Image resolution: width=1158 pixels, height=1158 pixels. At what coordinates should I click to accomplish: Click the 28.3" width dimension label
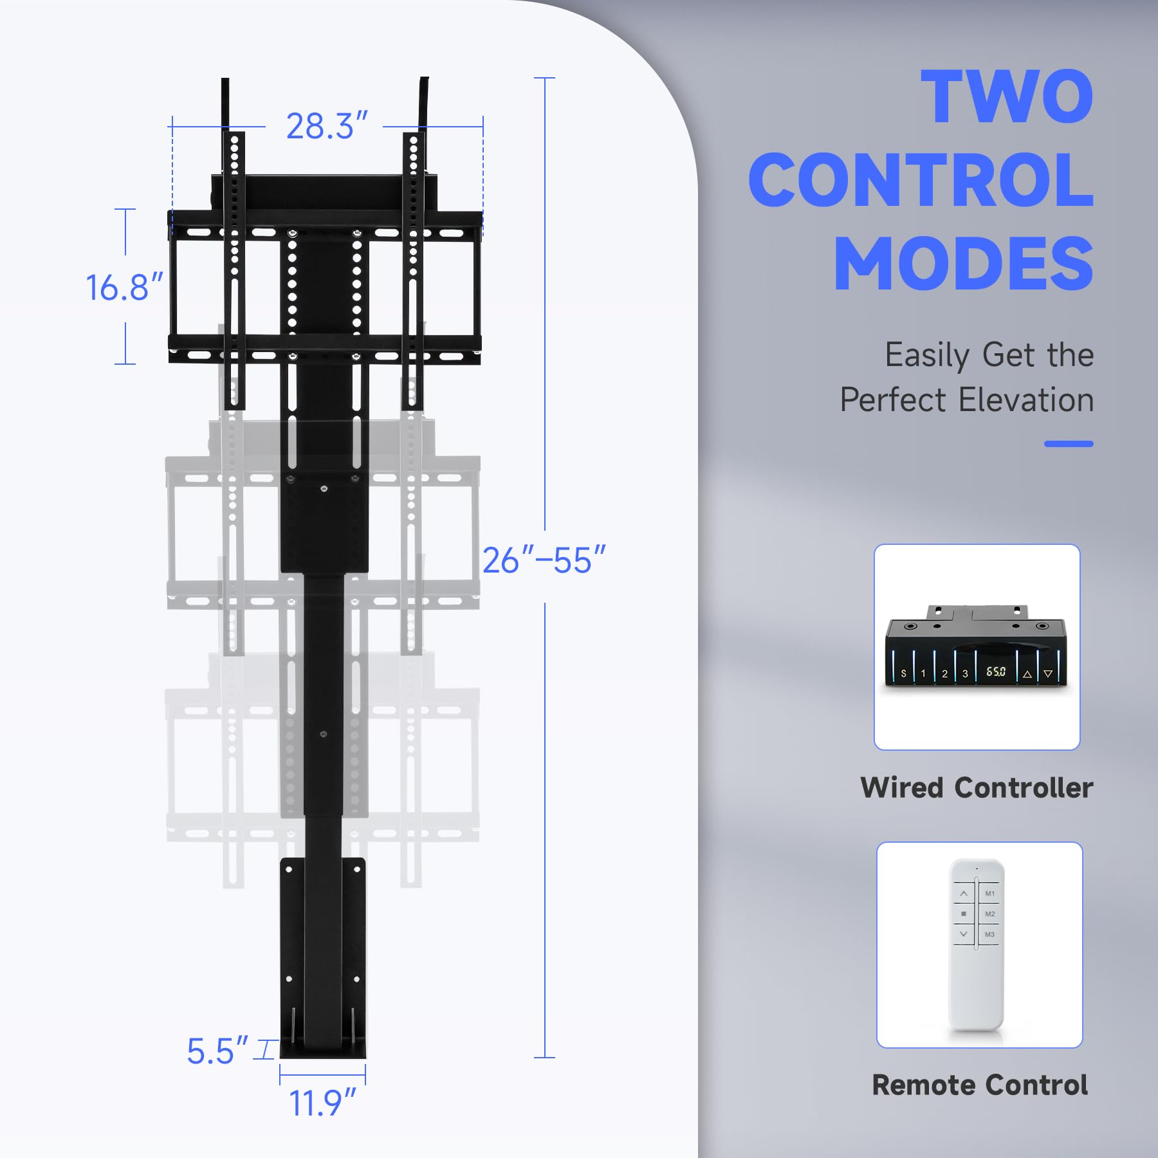[x=327, y=126]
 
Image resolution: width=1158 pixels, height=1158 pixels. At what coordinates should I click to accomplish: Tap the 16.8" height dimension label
[x=124, y=287]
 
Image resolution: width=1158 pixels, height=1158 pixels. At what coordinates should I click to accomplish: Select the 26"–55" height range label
[x=544, y=560]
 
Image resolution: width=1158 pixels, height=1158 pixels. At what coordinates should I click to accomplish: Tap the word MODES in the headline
[x=964, y=264]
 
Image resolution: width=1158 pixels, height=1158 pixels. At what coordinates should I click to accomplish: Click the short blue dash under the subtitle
[x=1069, y=444]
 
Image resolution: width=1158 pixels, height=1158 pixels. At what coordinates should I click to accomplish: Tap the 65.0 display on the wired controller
[x=996, y=672]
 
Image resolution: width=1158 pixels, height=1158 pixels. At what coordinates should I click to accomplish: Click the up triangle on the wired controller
[x=1027, y=674]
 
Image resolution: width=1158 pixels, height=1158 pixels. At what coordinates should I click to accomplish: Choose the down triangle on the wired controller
[x=1048, y=674]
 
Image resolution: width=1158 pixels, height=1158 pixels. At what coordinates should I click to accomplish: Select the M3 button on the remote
[x=989, y=934]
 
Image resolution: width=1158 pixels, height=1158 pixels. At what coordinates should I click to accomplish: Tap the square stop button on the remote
[x=963, y=914]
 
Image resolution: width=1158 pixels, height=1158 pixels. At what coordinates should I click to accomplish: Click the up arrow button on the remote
[x=963, y=894]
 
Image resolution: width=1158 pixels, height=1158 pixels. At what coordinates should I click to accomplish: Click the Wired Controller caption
[x=977, y=787]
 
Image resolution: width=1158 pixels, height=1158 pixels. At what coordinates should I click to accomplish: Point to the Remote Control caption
[x=980, y=1085]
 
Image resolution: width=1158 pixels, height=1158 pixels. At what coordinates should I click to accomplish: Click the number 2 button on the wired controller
[x=944, y=674]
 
